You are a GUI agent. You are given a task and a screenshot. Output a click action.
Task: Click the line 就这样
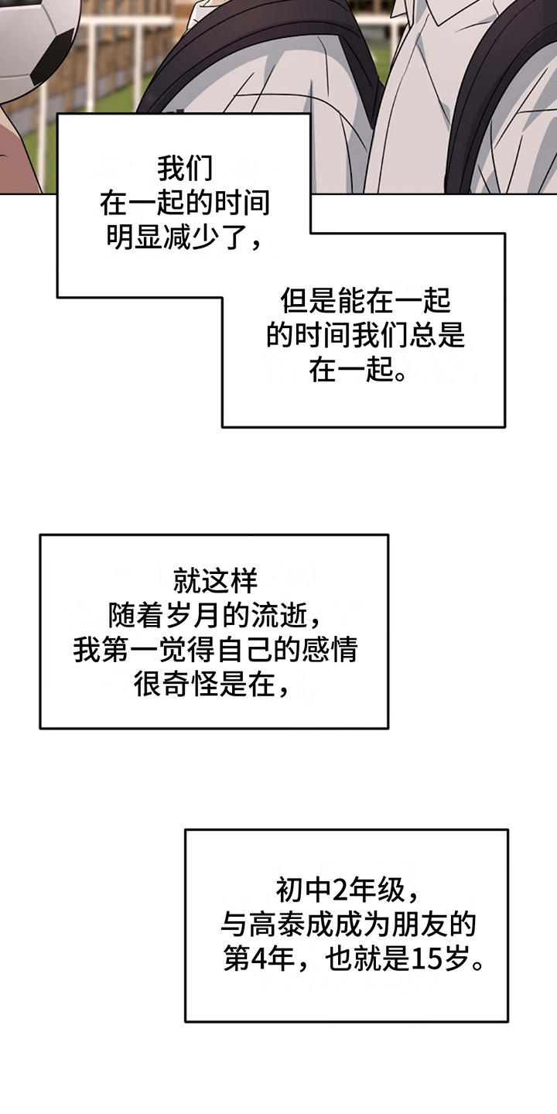click(214, 580)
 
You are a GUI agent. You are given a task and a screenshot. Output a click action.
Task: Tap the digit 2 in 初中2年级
click(339, 891)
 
